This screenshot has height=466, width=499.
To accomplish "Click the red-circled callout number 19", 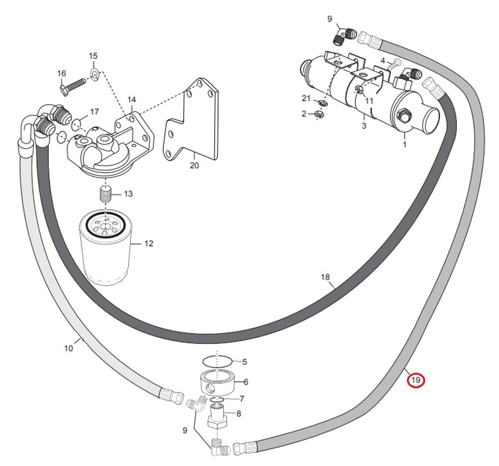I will point(416,380).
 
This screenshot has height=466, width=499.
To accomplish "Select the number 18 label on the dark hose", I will point(325,277).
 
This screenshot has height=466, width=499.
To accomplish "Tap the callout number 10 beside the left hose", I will point(68,348).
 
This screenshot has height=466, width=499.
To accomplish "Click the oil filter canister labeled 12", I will point(104,253).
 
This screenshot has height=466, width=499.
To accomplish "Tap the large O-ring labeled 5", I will point(218,361).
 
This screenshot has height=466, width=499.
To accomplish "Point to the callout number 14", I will point(131,100).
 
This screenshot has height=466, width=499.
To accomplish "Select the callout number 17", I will point(94,112).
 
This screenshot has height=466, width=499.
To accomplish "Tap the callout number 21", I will point(306,98).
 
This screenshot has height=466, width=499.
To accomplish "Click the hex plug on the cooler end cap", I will point(403,116).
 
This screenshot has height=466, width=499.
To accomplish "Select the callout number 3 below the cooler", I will point(364,126).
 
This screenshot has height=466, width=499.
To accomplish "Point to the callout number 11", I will point(369,101).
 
